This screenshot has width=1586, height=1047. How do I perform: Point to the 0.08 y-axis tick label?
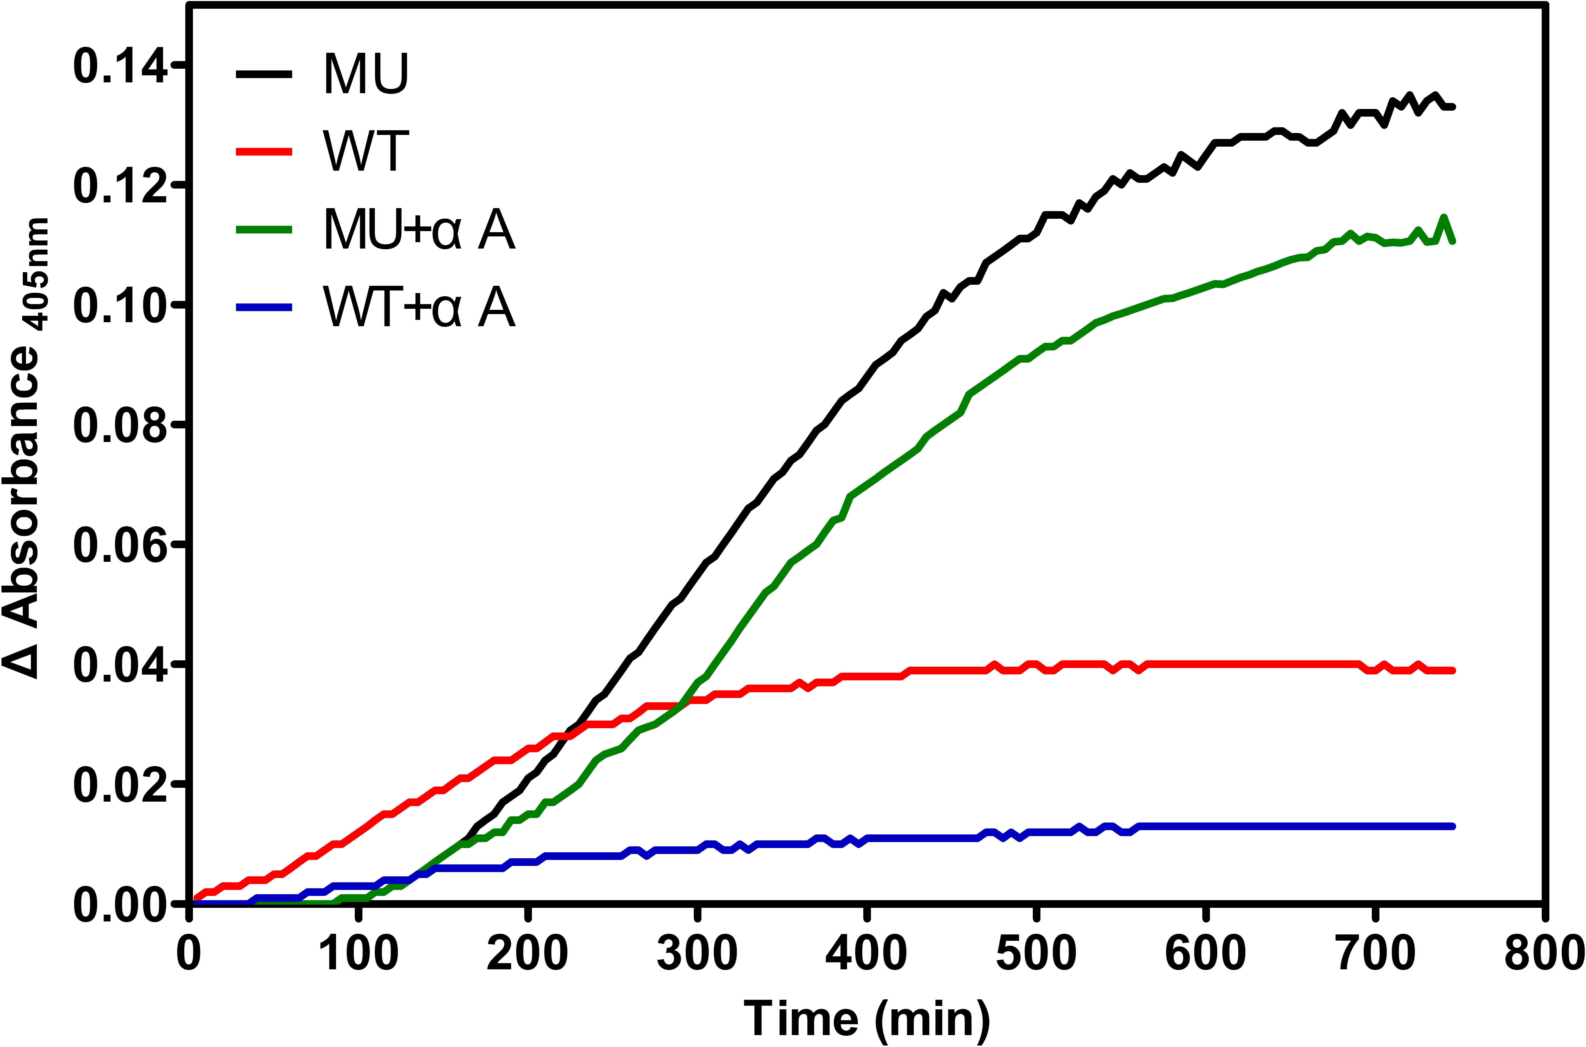coord(120,425)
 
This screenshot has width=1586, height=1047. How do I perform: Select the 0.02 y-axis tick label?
coord(120,785)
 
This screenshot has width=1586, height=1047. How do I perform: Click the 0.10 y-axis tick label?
coord(120,306)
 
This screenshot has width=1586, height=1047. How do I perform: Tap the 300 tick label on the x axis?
coord(697,954)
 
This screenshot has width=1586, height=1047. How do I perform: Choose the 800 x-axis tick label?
coord(1543,954)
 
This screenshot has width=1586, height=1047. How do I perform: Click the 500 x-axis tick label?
coord(1036,954)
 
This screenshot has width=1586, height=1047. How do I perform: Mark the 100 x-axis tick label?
coord(359,954)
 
